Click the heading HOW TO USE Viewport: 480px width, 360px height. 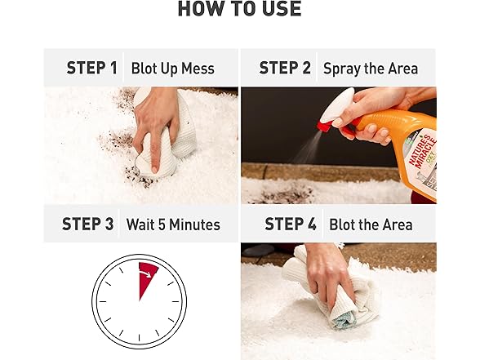[x=239, y=10]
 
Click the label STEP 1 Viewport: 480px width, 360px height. [x=92, y=69]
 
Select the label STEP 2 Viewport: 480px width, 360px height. [x=285, y=69]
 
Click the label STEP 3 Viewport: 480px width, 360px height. [x=87, y=224]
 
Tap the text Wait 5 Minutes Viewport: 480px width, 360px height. [x=172, y=224]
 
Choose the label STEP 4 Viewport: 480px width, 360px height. [x=291, y=224]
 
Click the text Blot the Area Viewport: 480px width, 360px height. [x=370, y=224]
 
